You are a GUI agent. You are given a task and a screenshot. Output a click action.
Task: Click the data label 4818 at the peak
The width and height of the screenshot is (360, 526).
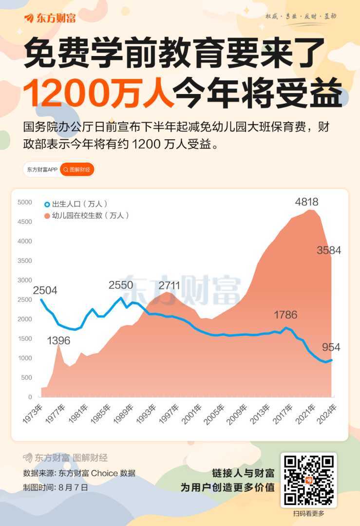point(306,202)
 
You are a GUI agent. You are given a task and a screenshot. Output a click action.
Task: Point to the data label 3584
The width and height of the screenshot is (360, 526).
point(329,250)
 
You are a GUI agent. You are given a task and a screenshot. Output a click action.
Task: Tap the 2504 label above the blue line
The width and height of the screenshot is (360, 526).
point(45,290)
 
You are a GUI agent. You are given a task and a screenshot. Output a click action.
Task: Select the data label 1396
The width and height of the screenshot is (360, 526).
point(58,340)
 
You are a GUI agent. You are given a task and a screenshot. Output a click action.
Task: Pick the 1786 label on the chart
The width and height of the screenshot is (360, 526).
point(285,315)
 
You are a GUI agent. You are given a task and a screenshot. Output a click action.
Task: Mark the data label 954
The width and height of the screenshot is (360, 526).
point(331,347)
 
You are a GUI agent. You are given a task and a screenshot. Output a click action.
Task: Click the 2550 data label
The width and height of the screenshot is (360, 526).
point(120,285)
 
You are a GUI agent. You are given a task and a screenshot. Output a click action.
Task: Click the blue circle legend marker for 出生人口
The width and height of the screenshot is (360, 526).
point(47,204)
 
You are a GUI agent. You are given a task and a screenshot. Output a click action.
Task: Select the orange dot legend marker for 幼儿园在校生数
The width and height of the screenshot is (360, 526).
point(47,215)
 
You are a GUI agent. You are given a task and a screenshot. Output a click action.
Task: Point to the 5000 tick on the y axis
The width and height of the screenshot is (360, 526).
point(24,202)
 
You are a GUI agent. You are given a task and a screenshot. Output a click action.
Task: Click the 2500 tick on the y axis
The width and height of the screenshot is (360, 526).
point(24,300)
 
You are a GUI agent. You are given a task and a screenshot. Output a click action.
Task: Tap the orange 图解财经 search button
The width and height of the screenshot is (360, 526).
point(77,169)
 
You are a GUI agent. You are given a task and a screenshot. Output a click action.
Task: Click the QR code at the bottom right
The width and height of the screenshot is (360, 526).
point(308,479)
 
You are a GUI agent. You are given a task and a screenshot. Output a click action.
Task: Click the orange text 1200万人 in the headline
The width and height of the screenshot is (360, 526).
point(98,92)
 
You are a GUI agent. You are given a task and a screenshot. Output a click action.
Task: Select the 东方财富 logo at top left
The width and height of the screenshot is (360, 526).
point(50,19)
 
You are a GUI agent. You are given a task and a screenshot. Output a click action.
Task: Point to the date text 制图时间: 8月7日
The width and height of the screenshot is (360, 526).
point(56,487)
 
